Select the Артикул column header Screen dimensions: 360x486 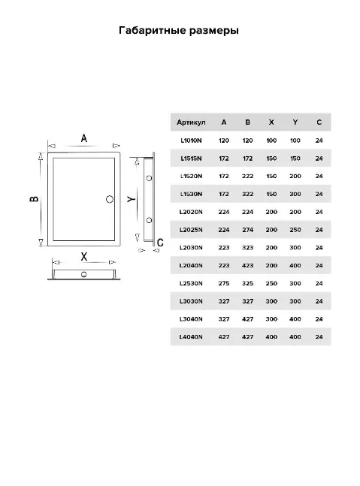point(191,122)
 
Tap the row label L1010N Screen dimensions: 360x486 point(191,140)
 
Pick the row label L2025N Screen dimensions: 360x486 point(191,230)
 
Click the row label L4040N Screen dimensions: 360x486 point(191,337)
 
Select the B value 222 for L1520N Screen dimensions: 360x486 point(248,176)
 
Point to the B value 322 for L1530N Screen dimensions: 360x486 point(248,194)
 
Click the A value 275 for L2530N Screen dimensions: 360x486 point(224,283)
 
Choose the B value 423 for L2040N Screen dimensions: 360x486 point(248,266)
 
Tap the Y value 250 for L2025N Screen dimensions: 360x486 point(295,230)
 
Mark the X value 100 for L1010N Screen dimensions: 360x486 point(271,140)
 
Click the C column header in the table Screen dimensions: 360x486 point(319,122)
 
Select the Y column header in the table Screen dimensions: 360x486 point(295,122)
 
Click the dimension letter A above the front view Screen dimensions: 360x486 point(84,138)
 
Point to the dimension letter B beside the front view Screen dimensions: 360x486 point(34,198)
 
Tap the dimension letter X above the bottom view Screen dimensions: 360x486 point(84,257)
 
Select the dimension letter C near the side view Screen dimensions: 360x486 point(160,243)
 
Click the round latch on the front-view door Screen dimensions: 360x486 point(110,199)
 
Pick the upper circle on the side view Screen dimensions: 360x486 point(149,178)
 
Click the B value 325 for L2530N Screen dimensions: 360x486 point(248,283)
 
